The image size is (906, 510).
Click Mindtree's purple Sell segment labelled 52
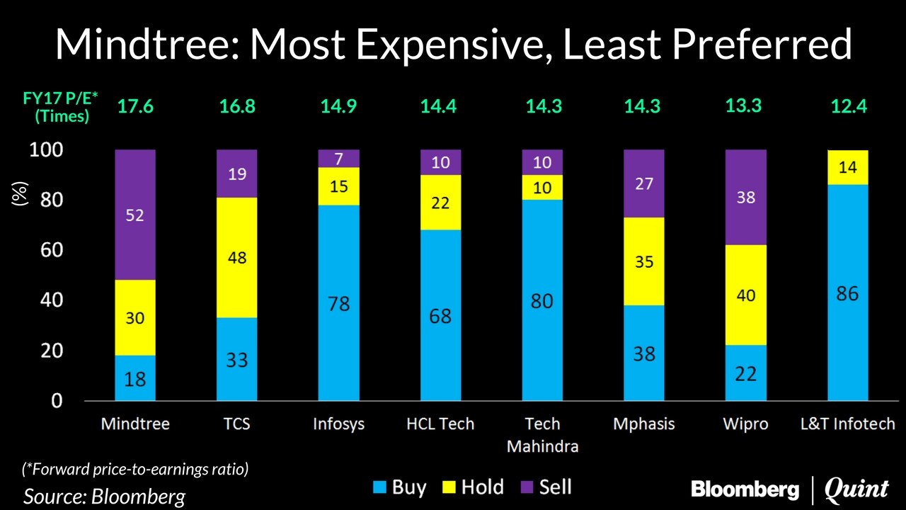135,215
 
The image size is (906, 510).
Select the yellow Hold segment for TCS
237,258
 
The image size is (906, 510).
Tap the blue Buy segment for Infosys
338,303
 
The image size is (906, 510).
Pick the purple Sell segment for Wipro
745,198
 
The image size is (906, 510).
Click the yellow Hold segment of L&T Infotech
847,168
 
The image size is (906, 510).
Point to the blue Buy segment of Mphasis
643,353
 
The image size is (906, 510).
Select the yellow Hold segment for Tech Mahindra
541,188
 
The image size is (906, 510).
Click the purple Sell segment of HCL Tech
440,162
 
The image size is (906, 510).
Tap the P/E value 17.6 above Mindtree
135,107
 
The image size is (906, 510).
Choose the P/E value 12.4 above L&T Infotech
847,107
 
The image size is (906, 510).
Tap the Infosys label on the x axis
338,424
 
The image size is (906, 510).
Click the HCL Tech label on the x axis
440,424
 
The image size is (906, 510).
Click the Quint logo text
856,489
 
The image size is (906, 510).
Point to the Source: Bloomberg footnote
104,496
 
